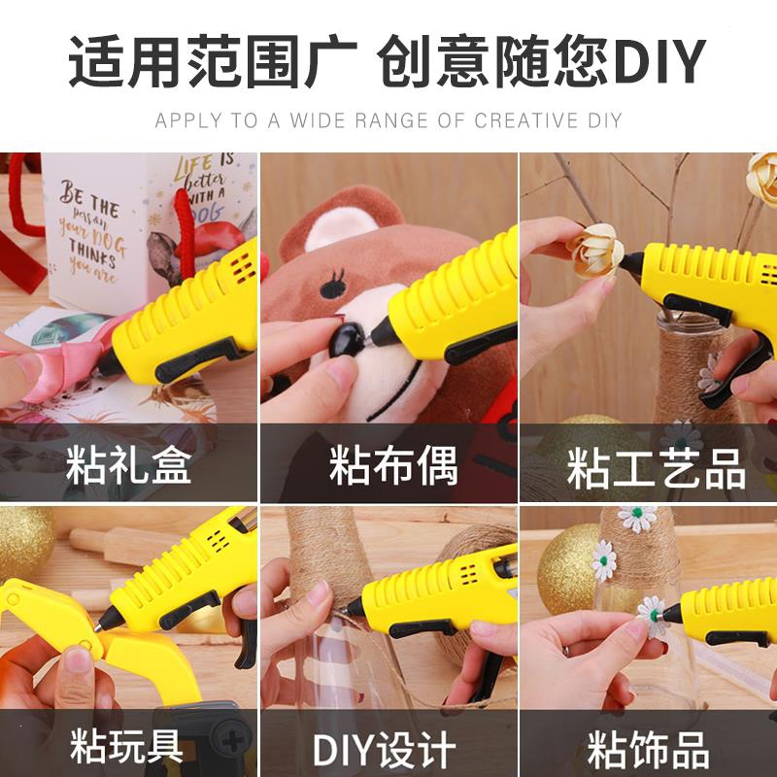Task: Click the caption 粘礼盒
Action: coord(128,466)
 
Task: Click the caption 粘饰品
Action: coord(649,749)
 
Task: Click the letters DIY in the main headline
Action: coord(658,63)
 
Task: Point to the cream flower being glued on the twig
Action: coord(593,249)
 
